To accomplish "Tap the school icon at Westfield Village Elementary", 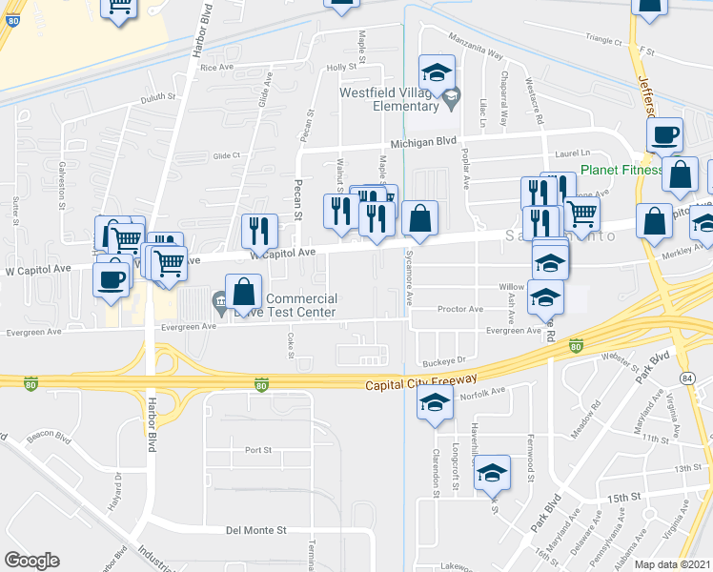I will point(437,73).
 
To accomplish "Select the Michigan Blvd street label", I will point(434,140).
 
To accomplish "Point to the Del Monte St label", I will point(250,529).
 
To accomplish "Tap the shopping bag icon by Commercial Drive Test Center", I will point(243,293).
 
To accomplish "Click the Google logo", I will point(31,561).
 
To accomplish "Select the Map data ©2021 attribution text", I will point(671,564).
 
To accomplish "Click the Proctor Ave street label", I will point(460,310).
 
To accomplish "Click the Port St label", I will point(258,450).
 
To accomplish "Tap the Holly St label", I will point(347,68).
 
